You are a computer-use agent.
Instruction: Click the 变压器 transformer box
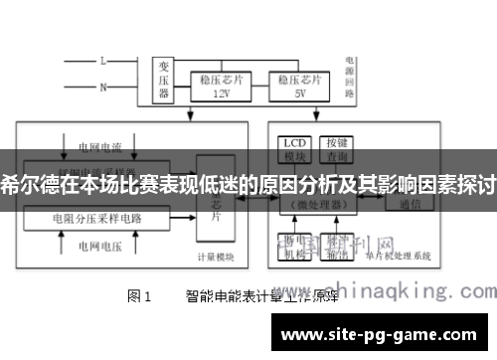coord(165,80)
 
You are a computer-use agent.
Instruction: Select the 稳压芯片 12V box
coord(222,86)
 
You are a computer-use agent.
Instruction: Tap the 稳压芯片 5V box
coord(299,86)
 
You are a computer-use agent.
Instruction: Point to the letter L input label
coord(102,61)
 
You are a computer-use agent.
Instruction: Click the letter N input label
coord(102,88)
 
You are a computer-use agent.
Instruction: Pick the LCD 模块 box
coord(294,149)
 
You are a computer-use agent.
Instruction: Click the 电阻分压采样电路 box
coord(98,216)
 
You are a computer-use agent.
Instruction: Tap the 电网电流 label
coord(98,147)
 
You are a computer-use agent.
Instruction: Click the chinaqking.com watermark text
coord(398,291)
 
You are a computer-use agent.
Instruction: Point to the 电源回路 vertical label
coord(351,76)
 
